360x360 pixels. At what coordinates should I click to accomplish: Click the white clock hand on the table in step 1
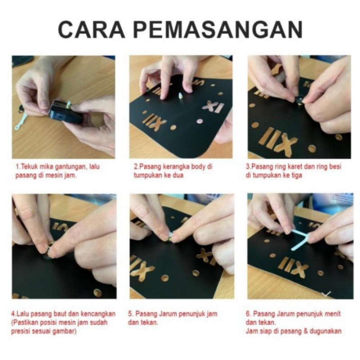pos(21,122)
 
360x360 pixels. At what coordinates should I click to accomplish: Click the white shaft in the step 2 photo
pos(179,95)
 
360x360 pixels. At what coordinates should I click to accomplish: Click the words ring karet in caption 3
pos(283,167)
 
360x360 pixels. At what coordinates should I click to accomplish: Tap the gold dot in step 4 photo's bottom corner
pos(97,292)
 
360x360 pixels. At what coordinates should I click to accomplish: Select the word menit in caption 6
pos(332,314)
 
